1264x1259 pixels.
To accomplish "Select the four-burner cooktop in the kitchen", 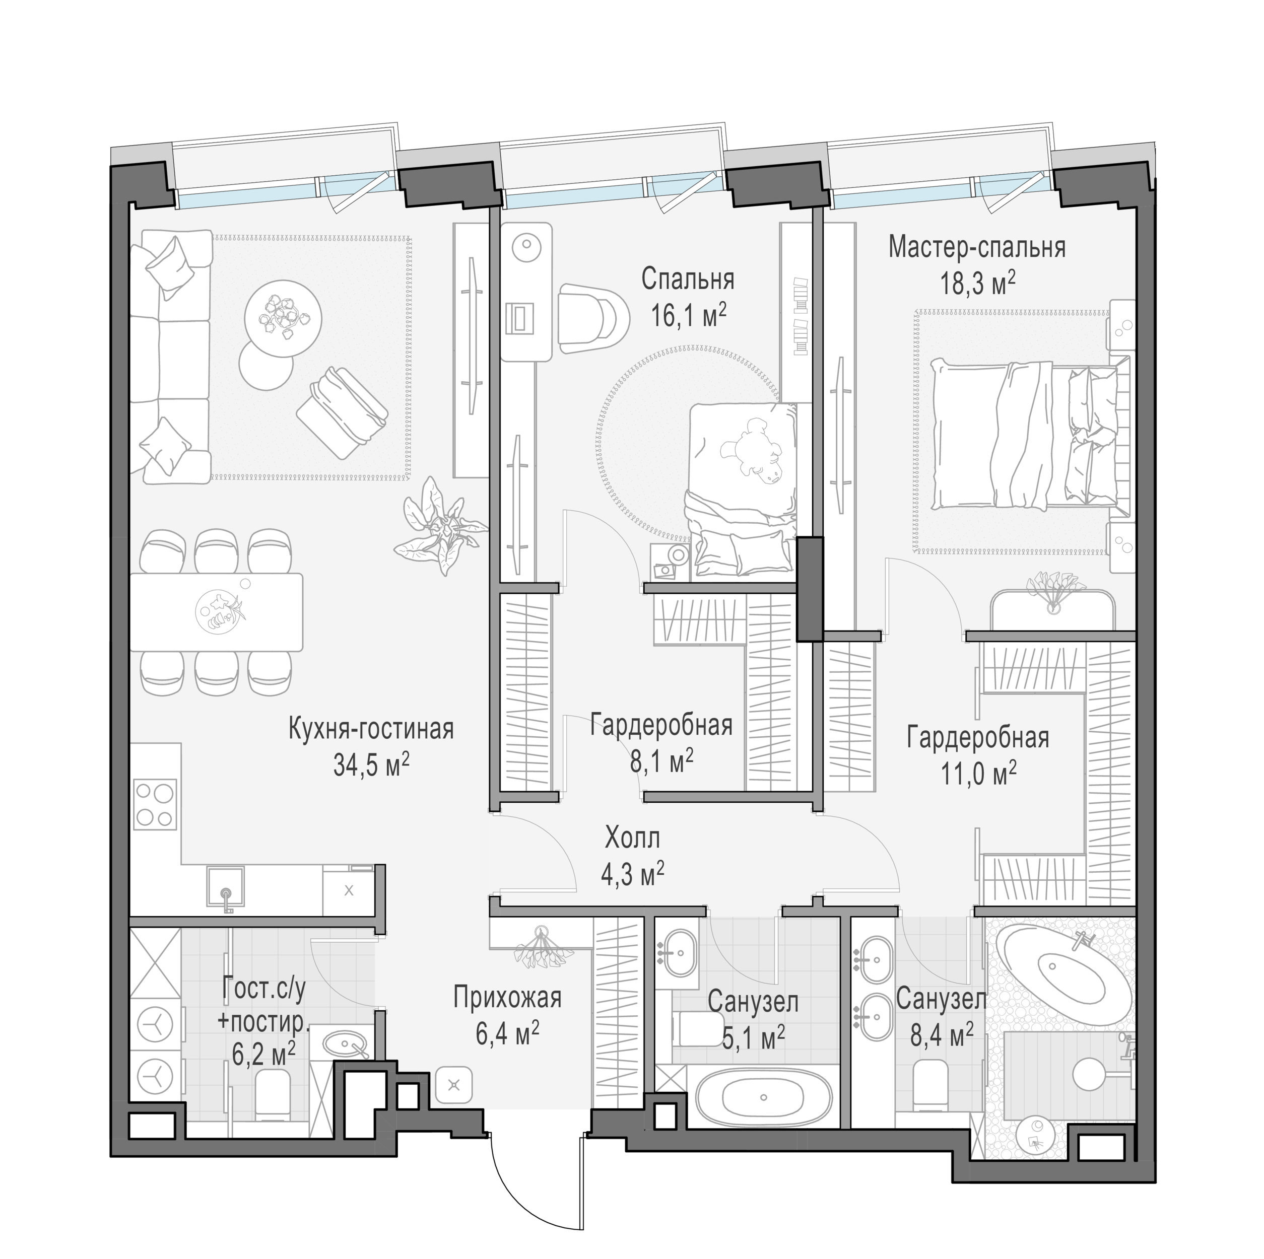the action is tap(155, 804).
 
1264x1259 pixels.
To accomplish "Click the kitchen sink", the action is tap(226, 887).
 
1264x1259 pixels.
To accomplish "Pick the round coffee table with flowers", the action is tap(283, 318).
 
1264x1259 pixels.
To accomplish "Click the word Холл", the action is tap(632, 838).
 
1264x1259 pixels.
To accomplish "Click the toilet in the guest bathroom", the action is tap(272, 1093).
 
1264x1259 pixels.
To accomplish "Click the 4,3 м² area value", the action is tap(633, 874).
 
